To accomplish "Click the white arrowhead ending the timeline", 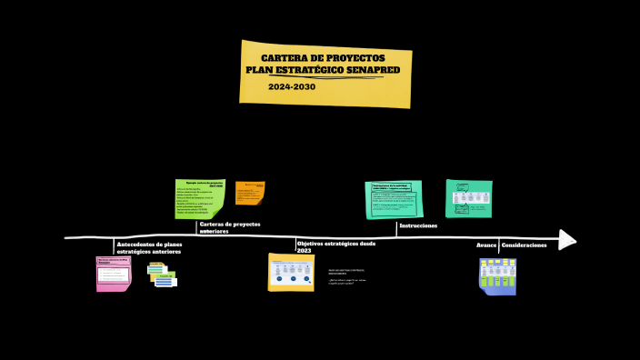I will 567,239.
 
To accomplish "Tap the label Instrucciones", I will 418,225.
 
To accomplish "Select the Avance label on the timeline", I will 486,245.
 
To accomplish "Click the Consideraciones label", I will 525,245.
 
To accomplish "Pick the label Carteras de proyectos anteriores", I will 229,227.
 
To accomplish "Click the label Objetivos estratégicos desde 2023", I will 335,246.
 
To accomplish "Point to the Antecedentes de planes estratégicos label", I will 149,247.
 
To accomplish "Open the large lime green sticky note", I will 200,198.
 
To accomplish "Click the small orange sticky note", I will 250,193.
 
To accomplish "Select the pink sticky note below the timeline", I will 114,274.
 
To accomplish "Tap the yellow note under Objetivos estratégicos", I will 291,272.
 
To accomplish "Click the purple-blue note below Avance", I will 497,276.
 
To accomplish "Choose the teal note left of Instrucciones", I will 394,200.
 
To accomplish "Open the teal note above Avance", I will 469,198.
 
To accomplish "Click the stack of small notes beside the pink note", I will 162,275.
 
